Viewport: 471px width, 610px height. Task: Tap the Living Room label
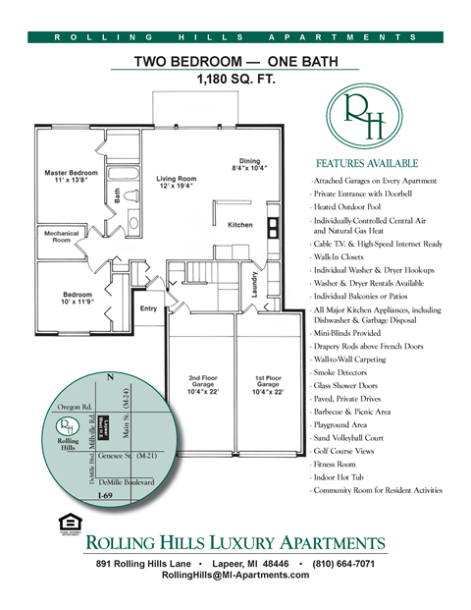177,182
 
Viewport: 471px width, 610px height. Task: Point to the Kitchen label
240,225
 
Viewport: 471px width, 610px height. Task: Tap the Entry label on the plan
149,308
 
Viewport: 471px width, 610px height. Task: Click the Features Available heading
367,163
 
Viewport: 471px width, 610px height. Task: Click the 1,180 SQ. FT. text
235,79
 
